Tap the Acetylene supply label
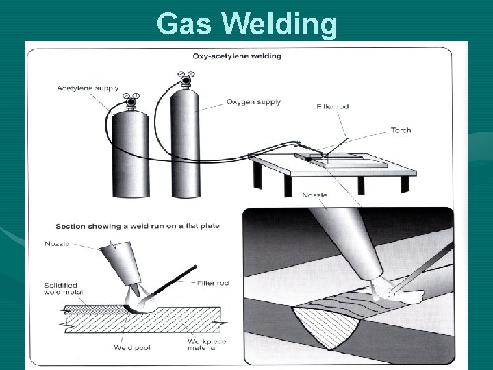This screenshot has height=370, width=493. tap(88, 88)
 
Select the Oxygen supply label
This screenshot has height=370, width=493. tap(253, 102)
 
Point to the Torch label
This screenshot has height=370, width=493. tap(401, 130)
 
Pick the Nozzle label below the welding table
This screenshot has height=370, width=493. tap(314, 195)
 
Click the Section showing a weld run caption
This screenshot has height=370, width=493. tap(137, 225)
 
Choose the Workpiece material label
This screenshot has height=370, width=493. tap(203, 345)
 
